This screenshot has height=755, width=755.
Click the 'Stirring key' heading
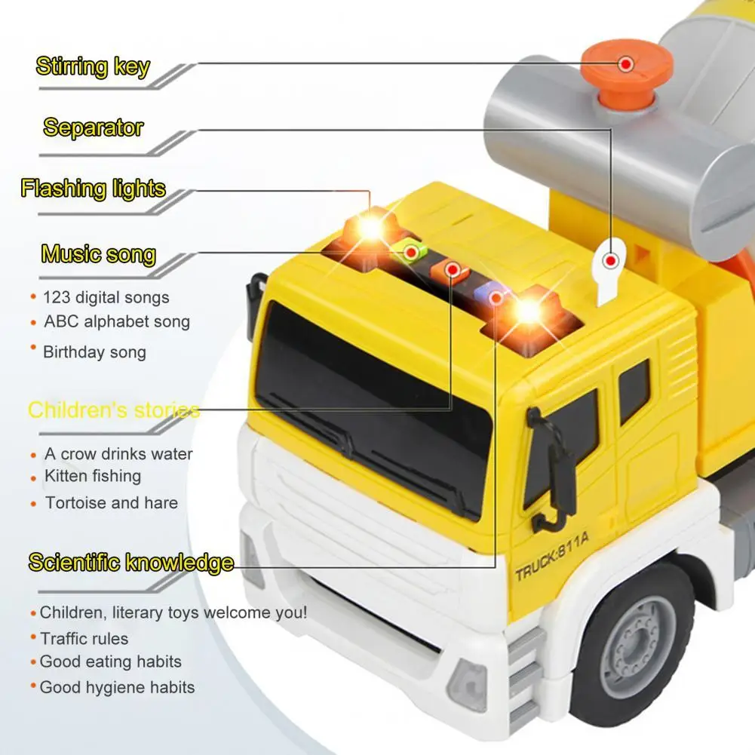tap(93, 66)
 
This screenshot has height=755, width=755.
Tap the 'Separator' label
tap(93, 127)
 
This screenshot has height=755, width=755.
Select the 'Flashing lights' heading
tap(93, 189)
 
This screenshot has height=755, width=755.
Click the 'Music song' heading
tap(98, 254)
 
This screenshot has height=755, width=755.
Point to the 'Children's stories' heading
tap(113, 410)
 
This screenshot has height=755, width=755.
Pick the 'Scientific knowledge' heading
tap(130, 563)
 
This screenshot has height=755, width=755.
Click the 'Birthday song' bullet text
tap(94, 352)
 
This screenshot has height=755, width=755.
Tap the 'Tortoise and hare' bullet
tap(111, 503)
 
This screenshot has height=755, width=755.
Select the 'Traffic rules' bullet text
tap(84, 639)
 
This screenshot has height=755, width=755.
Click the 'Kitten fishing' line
tap(92, 476)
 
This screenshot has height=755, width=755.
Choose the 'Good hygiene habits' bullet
tap(117, 687)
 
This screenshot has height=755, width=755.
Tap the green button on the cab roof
tap(411, 252)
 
